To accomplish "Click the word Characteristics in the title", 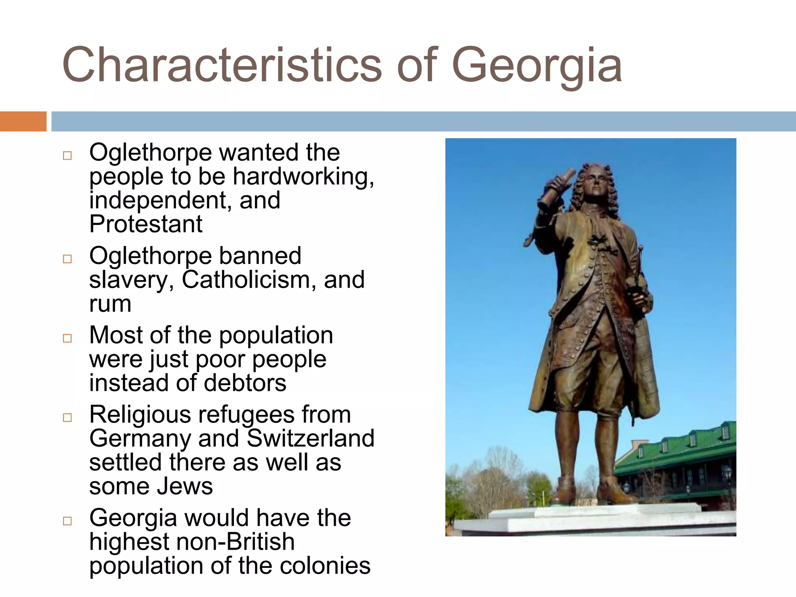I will pos(222,65).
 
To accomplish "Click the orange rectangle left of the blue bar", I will pos(23,121).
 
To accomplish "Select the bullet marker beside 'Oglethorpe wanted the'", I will pos(67,155).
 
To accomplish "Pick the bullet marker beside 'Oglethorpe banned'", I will pos(67,259).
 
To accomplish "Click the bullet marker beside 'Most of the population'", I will pos(67,338).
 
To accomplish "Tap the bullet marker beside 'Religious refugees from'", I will pos(67,417).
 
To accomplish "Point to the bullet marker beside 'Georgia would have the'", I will pos(67,521).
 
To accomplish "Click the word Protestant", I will pos(146,224).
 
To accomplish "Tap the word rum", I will pos(110,304).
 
